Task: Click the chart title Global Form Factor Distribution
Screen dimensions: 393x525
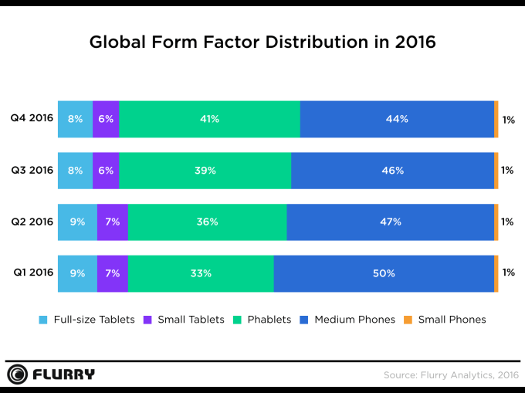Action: click(x=262, y=42)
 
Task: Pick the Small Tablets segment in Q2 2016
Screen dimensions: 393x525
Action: click(x=112, y=222)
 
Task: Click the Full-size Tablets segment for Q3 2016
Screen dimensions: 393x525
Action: click(x=75, y=171)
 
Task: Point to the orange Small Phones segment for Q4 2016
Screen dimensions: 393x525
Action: click(x=496, y=119)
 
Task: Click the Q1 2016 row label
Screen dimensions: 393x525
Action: click(x=32, y=273)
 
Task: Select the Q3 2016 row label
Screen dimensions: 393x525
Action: click(x=32, y=170)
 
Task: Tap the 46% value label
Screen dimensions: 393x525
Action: click(x=393, y=171)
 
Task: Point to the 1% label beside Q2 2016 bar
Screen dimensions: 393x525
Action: click(x=507, y=222)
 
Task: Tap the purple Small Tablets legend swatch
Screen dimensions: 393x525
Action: click(x=150, y=320)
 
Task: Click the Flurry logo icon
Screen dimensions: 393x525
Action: click(x=17, y=375)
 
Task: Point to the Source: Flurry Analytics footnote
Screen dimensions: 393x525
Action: click(x=449, y=375)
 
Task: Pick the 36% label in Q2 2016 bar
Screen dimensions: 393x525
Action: click(x=207, y=222)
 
